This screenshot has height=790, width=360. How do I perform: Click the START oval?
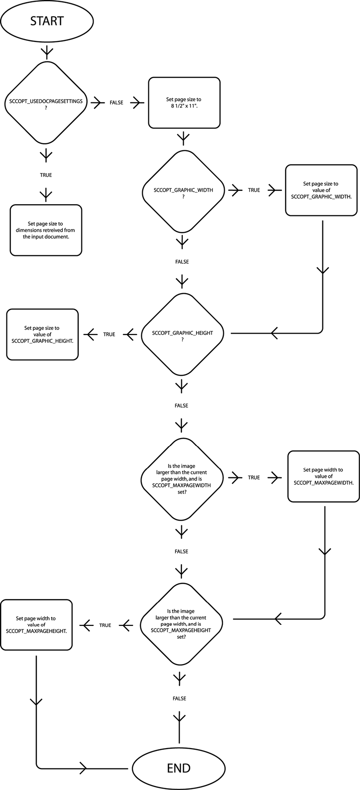[x=47, y=21]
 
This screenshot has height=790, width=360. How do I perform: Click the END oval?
[x=179, y=768]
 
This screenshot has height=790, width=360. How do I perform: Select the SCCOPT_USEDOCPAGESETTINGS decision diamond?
[x=46, y=104]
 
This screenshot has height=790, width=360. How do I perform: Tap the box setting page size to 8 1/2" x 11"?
[x=184, y=103]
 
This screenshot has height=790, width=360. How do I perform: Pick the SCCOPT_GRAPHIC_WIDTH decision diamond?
[x=183, y=193]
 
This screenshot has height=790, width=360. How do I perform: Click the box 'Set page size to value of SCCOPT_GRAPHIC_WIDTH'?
[x=321, y=190]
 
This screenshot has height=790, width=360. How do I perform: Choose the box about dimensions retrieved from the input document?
[x=46, y=230]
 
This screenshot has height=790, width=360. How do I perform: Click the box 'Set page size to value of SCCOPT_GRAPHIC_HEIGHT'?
[x=42, y=335]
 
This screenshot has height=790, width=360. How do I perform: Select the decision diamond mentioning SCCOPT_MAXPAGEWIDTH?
[x=181, y=479]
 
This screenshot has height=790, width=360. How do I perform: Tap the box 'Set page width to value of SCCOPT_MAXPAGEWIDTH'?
[x=323, y=476]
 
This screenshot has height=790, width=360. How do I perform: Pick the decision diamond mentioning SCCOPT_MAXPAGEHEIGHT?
[x=181, y=624]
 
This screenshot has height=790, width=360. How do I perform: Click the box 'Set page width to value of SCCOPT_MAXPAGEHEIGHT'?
[x=36, y=625]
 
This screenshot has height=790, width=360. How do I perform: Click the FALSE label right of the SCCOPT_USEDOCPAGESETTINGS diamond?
[x=116, y=103]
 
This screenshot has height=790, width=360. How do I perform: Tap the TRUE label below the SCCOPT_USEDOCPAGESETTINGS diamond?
[x=46, y=175]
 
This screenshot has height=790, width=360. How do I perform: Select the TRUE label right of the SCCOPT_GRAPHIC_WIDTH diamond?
[x=254, y=190]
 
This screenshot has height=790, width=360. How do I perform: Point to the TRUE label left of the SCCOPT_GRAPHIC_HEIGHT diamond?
[x=109, y=335]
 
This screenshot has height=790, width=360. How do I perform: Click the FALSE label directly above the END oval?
[x=179, y=698]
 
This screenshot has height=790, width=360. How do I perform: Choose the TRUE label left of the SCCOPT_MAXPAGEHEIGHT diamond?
[x=105, y=625]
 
